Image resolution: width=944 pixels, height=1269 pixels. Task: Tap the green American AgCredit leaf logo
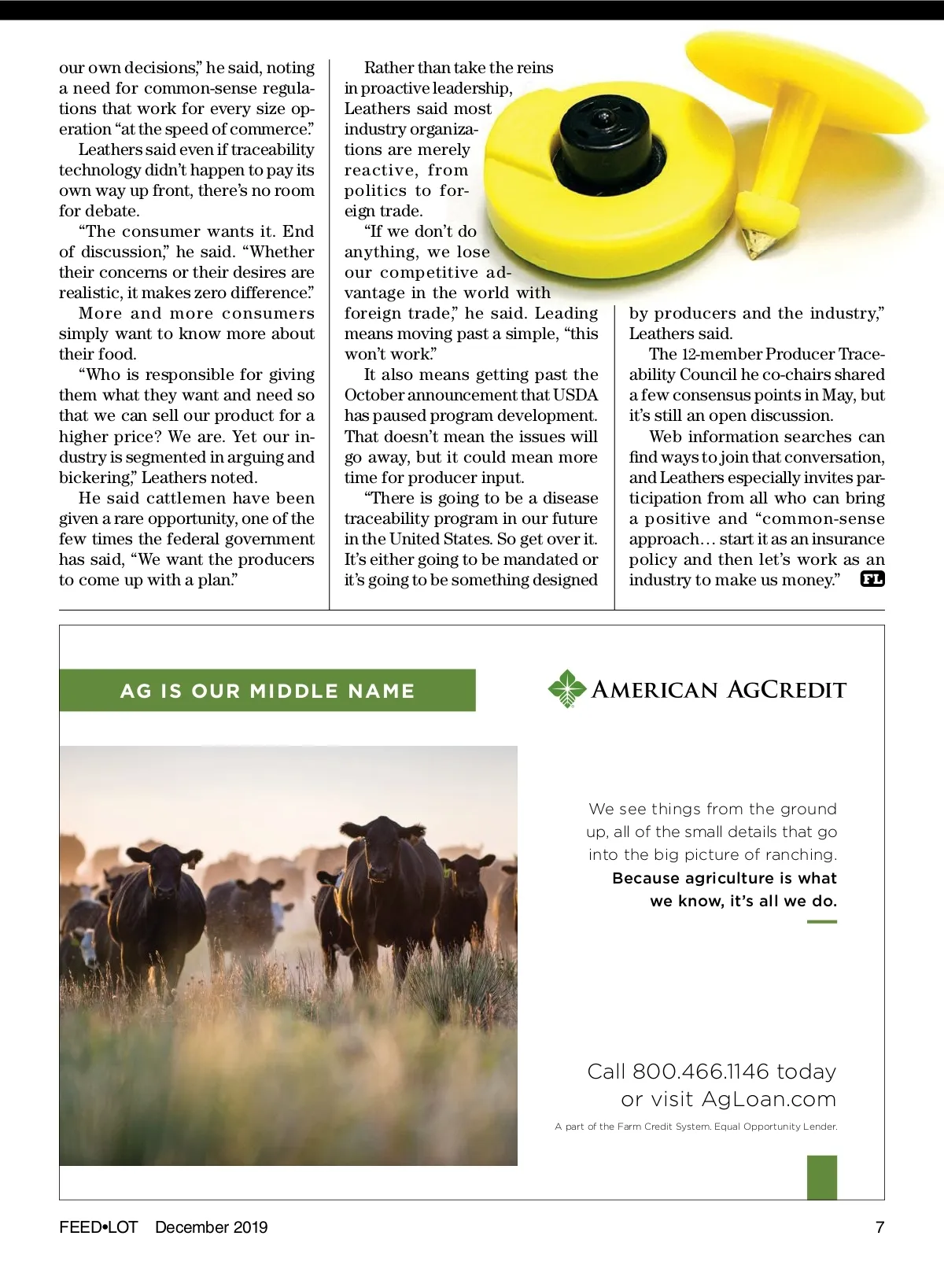pos(567,688)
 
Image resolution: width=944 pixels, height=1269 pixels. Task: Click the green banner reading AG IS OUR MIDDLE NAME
pos(267,691)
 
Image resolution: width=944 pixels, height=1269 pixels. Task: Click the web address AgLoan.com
pos(768,1099)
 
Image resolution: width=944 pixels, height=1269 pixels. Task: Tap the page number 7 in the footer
pos(879,1227)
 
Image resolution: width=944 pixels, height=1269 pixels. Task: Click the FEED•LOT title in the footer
pos(98,1227)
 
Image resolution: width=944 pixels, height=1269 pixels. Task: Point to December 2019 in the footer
pos(211,1227)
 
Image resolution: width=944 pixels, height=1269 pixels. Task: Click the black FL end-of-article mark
pos(872,580)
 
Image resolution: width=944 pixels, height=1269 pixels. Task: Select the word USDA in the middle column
pos(576,395)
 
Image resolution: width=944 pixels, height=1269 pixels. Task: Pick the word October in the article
pos(374,395)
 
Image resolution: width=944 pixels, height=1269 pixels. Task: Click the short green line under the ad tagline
pos(822,921)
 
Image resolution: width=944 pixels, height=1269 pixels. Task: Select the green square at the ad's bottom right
pos(822,1177)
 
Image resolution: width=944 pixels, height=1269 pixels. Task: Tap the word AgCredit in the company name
pos(786,690)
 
